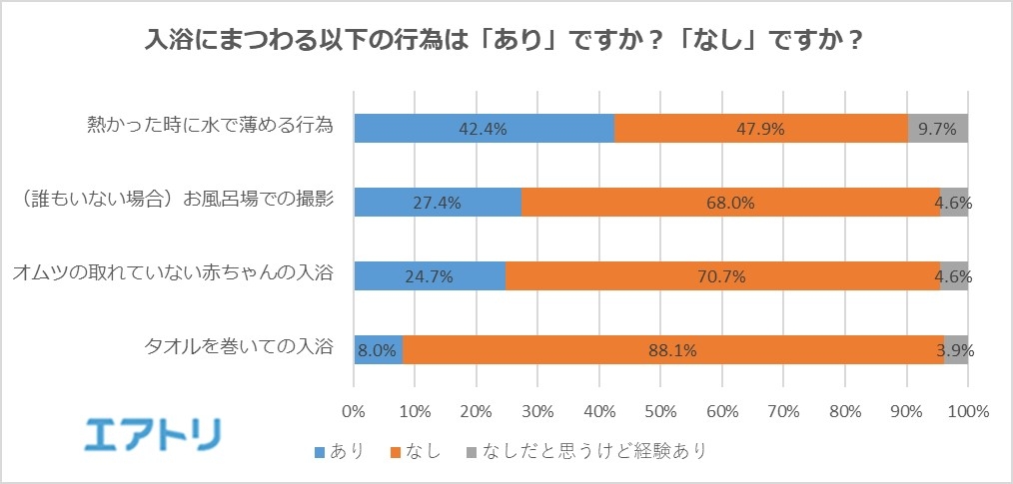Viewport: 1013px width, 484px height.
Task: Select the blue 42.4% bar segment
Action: (x=485, y=128)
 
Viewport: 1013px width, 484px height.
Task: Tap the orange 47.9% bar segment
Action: (x=761, y=128)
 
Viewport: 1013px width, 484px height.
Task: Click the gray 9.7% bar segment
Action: (x=938, y=128)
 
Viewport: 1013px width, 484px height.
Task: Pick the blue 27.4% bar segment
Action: (x=438, y=202)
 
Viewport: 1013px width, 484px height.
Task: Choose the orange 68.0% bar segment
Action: (x=729, y=202)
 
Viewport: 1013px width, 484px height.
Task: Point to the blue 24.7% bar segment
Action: (x=430, y=275)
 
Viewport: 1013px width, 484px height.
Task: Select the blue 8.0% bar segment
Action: (x=379, y=349)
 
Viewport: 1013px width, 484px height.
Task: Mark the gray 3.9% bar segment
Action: (x=956, y=349)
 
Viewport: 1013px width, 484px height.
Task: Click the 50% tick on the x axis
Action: (x=660, y=411)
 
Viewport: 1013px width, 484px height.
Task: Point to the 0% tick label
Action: (x=354, y=411)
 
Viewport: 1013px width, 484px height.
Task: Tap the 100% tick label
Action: (x=967, y=411)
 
